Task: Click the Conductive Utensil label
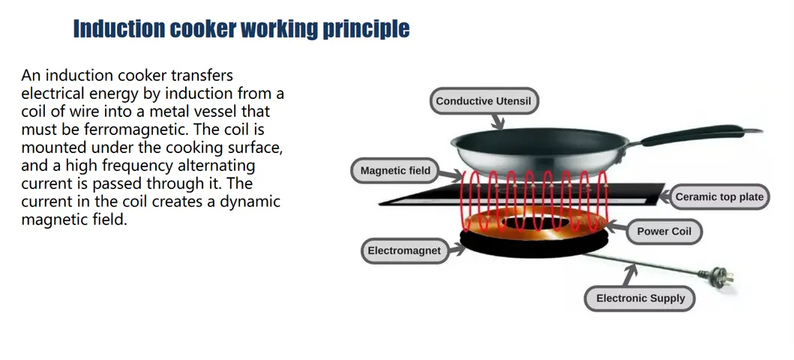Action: pyautogui.click(x=484, y=100)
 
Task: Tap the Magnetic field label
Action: pyautogui.click(x=395, y=171)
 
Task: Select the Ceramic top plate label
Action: pyautogui.click(x=719, y=197)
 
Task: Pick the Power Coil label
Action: pyautogui.click(x=664, y=232)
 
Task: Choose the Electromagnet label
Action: pyautogui.click(x=404, y=250)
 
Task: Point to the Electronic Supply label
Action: pyautogui.click(x=640, y=298)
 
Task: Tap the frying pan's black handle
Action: pyautogui.click(x=699, y=134)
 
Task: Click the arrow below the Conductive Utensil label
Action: pyautogui.click(x=499, y=121)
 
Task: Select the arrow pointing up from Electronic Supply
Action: pyautogui.click(x=630, y=275)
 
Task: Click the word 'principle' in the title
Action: pyautogui.click(x=366, y=28)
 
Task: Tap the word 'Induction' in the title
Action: pyautogui.click(x=119, y=28)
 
